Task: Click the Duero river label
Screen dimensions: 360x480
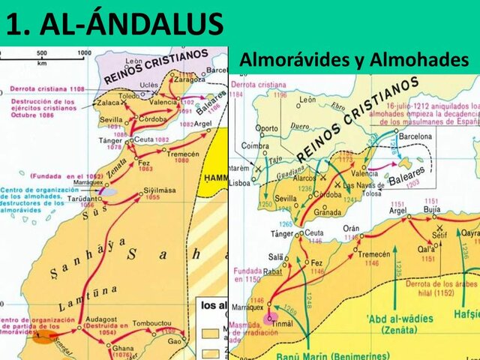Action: click(x=299, y=127)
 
